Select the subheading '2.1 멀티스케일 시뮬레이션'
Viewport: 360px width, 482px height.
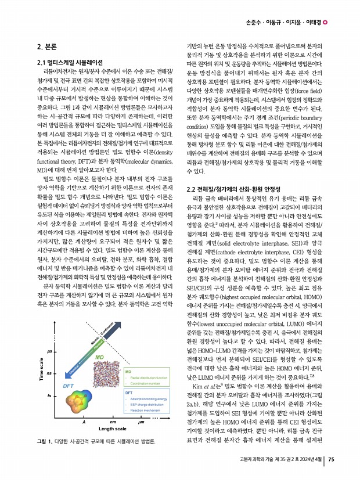coord(70,63)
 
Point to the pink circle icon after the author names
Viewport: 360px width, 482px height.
coord(325,23)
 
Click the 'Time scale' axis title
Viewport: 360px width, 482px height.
coord(42,369)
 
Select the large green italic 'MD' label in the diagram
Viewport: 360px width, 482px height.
coord(99,357)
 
